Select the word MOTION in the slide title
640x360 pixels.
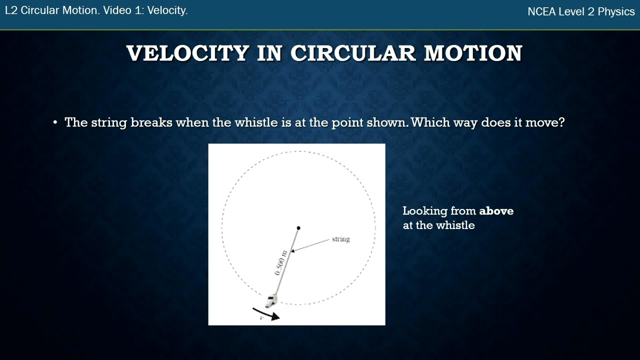coord(473,53)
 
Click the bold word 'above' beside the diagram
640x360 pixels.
coord(496,211)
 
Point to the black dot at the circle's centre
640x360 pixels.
coord(298,228)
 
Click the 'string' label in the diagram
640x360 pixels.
coord(340,239)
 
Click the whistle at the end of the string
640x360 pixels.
coord(270,300)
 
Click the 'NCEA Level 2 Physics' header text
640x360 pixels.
coord(581,12)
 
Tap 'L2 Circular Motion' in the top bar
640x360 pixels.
coord(51,11)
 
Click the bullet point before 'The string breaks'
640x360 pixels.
coord(55,123)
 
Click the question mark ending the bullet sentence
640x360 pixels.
coord(561,122)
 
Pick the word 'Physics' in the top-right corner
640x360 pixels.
coord(616,12)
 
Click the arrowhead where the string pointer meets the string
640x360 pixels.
coord(292,250)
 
